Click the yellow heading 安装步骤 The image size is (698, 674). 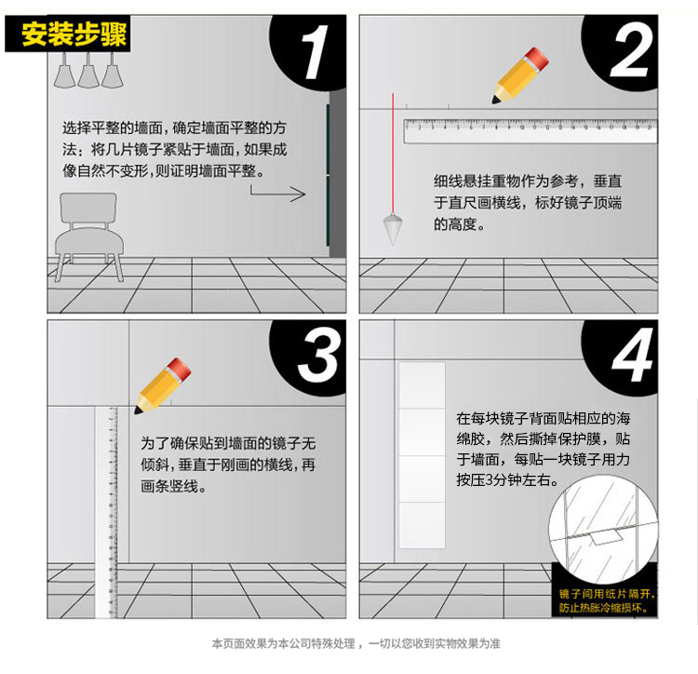click(x=74, y=34)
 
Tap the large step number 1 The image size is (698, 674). click(x=314, y=52)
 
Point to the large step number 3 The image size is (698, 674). click(x=318, y=355)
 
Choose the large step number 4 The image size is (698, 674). click(x=632, y=355)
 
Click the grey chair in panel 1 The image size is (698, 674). click(x=89, y=236)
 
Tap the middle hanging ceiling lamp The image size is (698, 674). click(x=88, y=72)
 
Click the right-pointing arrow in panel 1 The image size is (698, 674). click(x=277, y=194)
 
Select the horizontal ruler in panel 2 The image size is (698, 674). click(x=530, y=131)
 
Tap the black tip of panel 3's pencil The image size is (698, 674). click(x=138, y=411)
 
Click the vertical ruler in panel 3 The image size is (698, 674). click(x=106, y=512)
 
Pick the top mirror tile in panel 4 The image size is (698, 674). click(x=422, y=385)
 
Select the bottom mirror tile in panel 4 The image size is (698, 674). click(x=422, y=525)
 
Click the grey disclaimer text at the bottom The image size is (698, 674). click(x=356, y=643)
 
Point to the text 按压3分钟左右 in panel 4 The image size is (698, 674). click(x=507, y=480)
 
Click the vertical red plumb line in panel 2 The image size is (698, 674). click(x=393, y=154)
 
